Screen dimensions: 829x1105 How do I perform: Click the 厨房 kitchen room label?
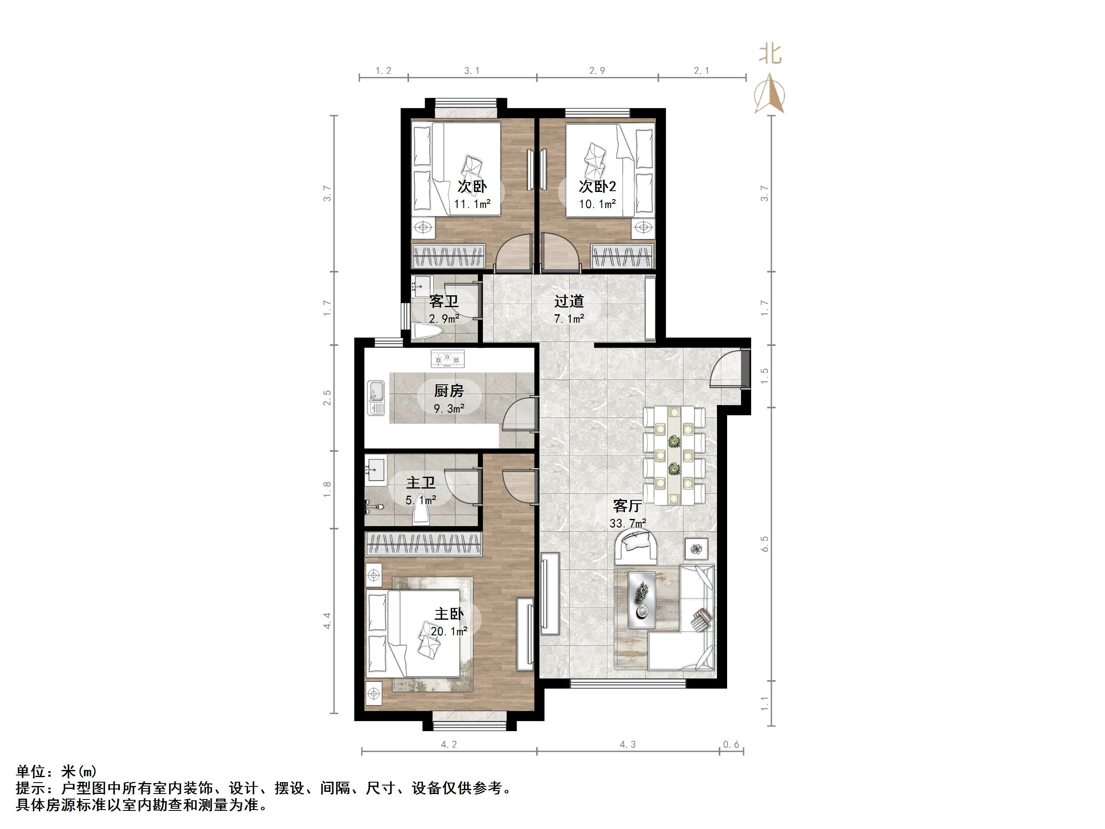[x=449, y=390]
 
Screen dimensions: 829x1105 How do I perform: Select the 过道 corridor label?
[x=569, y=301]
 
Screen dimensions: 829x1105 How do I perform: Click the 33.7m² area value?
[x=628, y=523]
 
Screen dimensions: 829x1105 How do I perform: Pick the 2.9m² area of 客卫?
[x=444, y=318]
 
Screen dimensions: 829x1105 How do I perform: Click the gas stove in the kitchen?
[x=448, y=358]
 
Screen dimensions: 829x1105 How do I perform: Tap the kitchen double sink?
[x=376, y=398]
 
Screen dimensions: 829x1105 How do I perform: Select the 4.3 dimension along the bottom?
[x=628, y=745]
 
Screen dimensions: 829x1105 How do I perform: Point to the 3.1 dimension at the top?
[x=472, y=71]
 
